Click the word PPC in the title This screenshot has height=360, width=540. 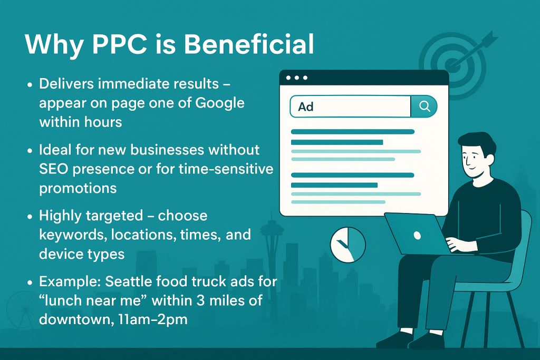pos(120,44)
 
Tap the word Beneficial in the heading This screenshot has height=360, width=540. pos(249,44)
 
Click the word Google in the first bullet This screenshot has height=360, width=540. pos(220,103)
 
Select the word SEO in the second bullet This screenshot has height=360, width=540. pos(53,169)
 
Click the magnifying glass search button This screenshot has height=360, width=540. pos(425,106)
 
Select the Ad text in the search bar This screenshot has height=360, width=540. pos(306,106)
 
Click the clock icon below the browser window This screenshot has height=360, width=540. pos(348,245)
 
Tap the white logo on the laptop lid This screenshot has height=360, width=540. pos(417,236)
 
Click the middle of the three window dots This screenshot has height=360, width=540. pos(297,78)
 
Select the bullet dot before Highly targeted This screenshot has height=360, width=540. pos(30,217)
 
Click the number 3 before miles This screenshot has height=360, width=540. pos(200,300)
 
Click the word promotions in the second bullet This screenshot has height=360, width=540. pos(78,188)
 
